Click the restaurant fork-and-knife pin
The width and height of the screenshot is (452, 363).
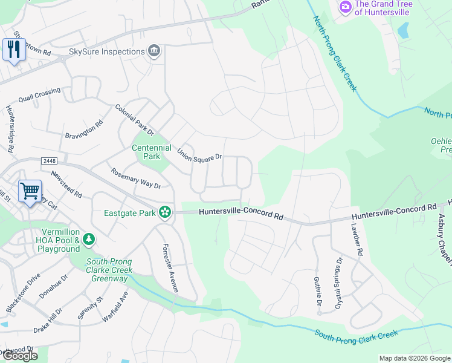tap(14, 49)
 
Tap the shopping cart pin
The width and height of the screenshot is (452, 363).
tap(30, 191)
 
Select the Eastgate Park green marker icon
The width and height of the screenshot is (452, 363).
tap(164, 212)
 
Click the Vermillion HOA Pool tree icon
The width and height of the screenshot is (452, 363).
tap(89, 240)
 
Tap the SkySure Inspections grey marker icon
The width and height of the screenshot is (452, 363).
tap(154, 51)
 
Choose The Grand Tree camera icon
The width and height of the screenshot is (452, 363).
tap(346, 7)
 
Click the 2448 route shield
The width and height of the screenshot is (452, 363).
tap(50, 161)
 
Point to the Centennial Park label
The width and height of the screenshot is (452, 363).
tap(146, 151)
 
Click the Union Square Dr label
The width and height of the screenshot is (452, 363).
tap(200, 154)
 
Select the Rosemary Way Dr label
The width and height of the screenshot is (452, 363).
tap(136, 178)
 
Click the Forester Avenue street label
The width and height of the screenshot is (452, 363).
tap(169, 269)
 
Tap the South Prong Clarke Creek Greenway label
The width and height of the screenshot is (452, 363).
tap(109, 270)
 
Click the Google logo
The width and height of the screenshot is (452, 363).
tap(19, 356)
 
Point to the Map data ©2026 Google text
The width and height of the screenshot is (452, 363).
tap(415, 358)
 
